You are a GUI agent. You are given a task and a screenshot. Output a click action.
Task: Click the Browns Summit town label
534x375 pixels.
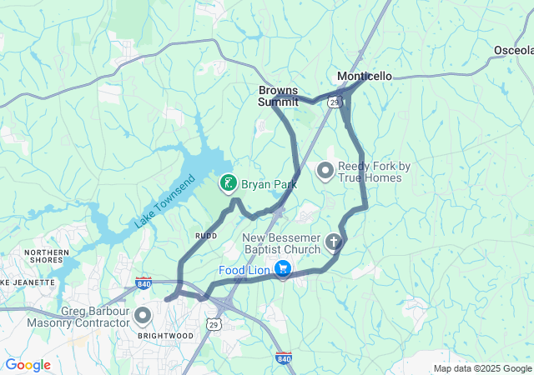coord(278,96)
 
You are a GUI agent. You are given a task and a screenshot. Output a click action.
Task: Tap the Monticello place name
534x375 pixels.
coord(364,76)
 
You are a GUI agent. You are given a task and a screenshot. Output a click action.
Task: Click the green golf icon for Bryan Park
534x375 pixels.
coord(227,182)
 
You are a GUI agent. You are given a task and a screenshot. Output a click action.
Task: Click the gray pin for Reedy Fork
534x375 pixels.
coord(325,172)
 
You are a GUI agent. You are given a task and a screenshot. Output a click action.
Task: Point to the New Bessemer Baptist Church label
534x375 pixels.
coord(281,243)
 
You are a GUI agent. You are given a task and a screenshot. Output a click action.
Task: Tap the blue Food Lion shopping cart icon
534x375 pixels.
coord(283,269)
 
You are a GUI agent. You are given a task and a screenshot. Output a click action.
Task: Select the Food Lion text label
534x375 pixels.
coord(244,270)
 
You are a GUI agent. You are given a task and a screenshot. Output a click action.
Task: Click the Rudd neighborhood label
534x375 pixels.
coord(206,236)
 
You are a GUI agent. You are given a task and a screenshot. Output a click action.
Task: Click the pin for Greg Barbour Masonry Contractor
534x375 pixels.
coord(142,316)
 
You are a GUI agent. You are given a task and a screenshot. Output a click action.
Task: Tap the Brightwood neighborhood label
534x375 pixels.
coord(166,336)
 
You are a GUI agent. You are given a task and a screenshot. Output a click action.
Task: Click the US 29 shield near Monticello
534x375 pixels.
coord(335,102)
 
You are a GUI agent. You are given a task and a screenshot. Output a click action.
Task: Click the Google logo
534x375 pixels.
coord(28,365)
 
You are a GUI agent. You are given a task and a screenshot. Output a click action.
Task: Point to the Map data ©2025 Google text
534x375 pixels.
coord(482,368)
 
